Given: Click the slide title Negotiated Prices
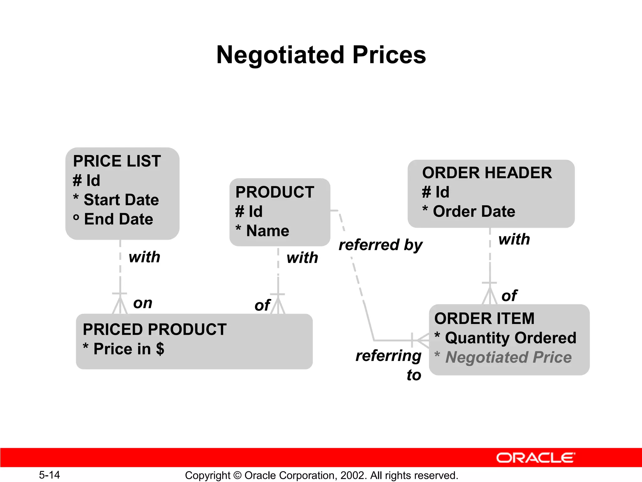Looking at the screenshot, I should (x=321, y=55).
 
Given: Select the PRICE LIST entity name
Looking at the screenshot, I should (x=117, y=161).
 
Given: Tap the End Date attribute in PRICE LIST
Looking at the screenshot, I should (x=118, y=219).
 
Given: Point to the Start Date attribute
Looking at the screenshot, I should (x=121, y=200).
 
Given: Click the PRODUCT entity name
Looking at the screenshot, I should (x=275, y=192).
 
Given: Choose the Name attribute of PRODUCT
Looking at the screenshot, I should (x=267, y=231).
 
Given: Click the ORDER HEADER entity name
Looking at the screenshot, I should (x=487, y=173).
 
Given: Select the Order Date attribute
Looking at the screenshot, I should (x=474, y=212).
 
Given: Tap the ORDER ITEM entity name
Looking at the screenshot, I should (x=484, y=319).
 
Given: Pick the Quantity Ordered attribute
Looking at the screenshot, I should (x=510, y=338).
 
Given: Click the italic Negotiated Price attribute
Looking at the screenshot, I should (x=508, y=357).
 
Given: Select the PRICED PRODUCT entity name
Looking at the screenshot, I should (x=155, y=329).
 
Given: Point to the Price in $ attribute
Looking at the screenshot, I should (x=129, y=349).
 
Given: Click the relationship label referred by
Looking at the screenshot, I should (x=381, y=245).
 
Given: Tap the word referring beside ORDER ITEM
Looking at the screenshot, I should (x=388, y=356).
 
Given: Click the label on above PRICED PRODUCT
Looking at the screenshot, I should (x=143, y=303).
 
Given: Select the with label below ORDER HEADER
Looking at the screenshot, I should (x=514, y=239).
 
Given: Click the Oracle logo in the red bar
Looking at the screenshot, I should (x=535, y=458).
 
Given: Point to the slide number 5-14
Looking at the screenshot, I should (x=49, y=475).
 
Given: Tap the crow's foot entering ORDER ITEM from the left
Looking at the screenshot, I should (x=422, y=340).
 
